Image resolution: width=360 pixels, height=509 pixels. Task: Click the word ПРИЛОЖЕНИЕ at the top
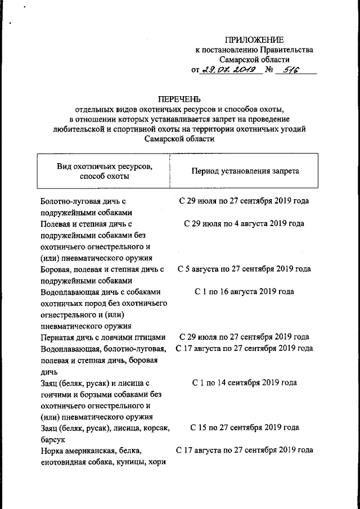pyautogui.click(x=254, y=39)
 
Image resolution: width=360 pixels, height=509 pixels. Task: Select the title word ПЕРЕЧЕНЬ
pyautogui.click(x=179, y=99)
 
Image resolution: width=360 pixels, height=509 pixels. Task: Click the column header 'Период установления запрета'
pyautogui.click(x=245, y=170)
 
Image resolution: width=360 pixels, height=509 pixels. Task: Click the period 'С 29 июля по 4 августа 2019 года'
pyautogui.click(x=244, y=224)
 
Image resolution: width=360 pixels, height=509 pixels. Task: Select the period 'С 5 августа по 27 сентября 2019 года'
pyautogui.click(x=244, y=269)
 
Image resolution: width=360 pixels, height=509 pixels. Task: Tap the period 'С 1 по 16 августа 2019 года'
pyautogui.click(x=244, y=292)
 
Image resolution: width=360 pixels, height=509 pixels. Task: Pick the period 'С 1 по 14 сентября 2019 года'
pyautogui.click(x=244, y=383)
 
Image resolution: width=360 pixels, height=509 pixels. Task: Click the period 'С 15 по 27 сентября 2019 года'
pyautogui.click(x=244, y=428)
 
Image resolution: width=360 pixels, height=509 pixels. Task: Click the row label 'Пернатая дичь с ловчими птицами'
pyautogui.click(x=103, y=337)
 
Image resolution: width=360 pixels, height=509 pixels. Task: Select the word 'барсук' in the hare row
pyautogui.click(x=53, y=439)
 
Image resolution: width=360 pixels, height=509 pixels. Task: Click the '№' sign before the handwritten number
pyautogui.click(x=269, y=70)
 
